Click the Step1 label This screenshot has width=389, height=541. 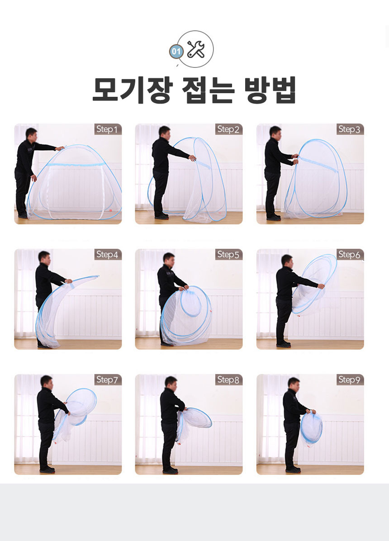pos(108,129)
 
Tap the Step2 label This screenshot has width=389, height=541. pos(229,129)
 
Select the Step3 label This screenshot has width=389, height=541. pos(350,129)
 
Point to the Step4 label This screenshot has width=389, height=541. pos(108,255)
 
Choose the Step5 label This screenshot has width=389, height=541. pos(229,255)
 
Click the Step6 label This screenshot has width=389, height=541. pos(350,255)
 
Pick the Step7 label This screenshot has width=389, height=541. pos(108,380)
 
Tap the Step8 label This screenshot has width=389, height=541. pos(229,380)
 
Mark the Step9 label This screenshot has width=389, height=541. pos(350,380)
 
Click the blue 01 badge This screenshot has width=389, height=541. pos(176,52)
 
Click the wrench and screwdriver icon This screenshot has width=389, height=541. pos(196,49)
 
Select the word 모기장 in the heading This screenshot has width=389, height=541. pos(132,90)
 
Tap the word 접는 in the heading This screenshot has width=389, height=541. pos(208,90)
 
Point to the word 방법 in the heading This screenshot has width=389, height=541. pos(270,90)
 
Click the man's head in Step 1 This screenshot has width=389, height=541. pos(31,134)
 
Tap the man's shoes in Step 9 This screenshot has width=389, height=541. pos(293,470)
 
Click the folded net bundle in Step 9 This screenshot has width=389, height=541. pos(311,428)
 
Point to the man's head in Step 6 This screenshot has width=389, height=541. pos(287,261)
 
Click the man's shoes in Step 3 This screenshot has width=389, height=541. pos(273,218)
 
